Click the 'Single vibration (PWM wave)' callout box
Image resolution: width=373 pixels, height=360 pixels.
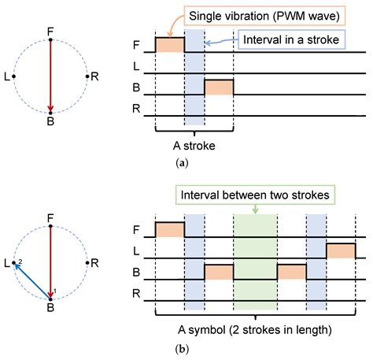tap(264, 16)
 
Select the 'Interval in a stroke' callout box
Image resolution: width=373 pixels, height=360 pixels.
tap(291, 39)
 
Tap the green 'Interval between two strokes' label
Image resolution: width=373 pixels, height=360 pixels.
tap(255, 195)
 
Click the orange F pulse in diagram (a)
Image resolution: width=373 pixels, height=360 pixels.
tap(170, 45)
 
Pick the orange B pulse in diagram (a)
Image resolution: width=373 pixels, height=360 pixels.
tap(219, 87)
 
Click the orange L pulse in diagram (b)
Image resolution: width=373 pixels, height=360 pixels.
tap(341, 251)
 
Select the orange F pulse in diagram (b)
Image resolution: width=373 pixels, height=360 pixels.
tap(170, 230)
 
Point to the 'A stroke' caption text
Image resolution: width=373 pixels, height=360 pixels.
tap(194, 146)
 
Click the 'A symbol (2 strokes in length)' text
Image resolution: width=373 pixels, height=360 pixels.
tap(255, 330)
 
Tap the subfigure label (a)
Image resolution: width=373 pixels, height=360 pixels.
tap(182, 163)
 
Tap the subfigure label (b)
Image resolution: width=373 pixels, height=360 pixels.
tap(182, 349)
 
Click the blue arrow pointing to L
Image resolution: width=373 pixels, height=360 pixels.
tap(32, 281)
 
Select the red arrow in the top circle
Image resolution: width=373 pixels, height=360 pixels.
tap(50, 76)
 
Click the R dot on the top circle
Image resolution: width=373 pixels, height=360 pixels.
tap(87, 76)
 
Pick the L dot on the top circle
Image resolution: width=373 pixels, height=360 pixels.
tap(14, 76)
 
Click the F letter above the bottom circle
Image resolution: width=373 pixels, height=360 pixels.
tap(50, 218)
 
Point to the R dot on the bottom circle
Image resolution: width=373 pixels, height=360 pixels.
tap(87, 263)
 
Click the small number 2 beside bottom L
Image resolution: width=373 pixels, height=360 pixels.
tap(20, 262)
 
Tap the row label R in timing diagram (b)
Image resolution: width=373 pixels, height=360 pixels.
tap(136, 293)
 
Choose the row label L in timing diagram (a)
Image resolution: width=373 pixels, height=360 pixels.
tap(136, 66)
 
